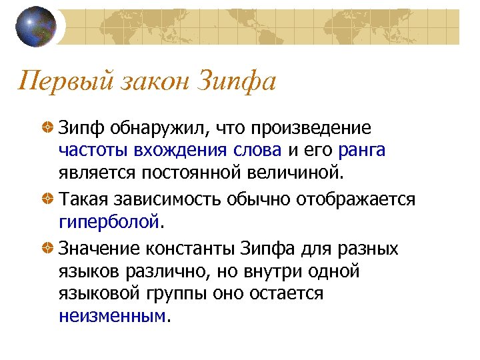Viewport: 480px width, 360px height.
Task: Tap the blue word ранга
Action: [x=362, y=151]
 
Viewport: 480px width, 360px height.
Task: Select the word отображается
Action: [x=357, y=199]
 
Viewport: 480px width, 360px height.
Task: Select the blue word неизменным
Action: [x=111, y=316]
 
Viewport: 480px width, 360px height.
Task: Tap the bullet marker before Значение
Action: [x=47, y=248]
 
